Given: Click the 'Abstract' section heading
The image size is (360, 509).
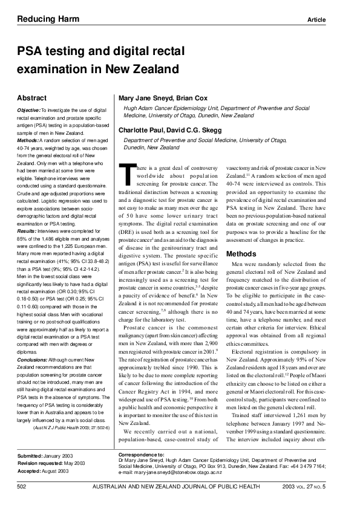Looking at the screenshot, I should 33,97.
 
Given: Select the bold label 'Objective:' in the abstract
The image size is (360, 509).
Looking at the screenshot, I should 28,110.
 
